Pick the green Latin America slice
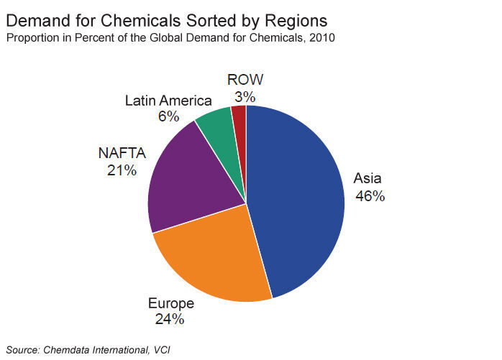point(216,126)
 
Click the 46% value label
point(369,195)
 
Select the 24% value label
point(170,318)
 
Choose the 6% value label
point(168,116)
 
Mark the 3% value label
point(245,96)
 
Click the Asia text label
point(368,178)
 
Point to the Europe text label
point(170,302)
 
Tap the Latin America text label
point(168,100)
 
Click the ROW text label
point(245,79)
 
